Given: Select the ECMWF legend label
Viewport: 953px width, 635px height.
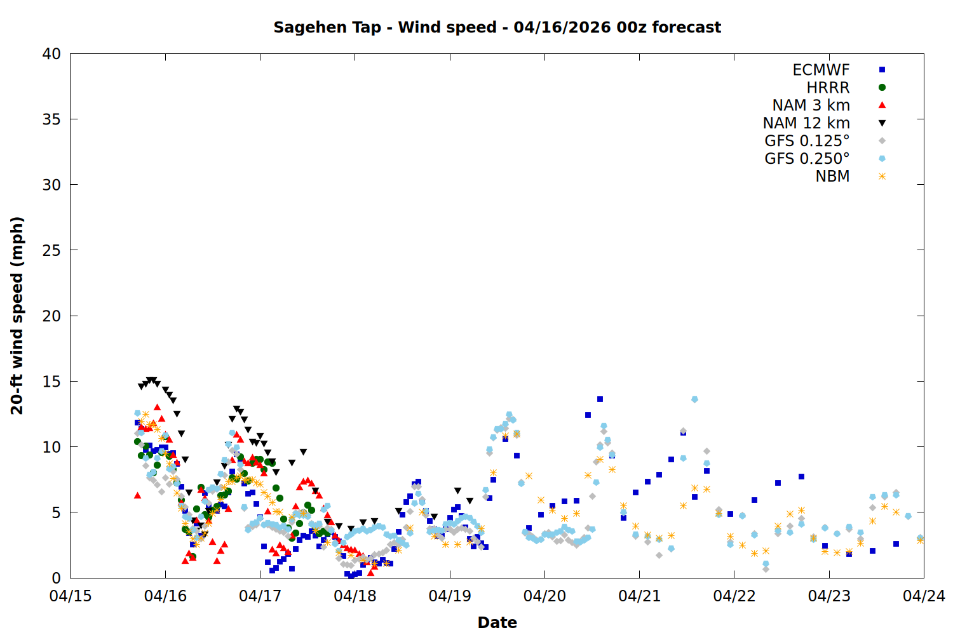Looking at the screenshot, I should (821, 70).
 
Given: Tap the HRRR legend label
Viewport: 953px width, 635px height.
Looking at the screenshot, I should (828, 88).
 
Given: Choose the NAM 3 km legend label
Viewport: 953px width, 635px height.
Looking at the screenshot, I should (811, 105).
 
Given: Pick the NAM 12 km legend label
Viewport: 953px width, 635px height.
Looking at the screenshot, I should (806, 123).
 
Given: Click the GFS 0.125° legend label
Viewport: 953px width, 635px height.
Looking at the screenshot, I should (807, 141).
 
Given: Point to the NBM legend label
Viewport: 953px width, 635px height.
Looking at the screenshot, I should (832, 177).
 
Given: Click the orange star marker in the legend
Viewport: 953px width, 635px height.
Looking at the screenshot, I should (882, 177).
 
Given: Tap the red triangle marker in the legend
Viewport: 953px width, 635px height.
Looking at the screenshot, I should (882, 105).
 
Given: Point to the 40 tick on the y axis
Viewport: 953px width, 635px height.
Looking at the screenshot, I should (51, 54).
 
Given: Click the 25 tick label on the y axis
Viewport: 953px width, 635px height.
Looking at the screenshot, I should (51, 250).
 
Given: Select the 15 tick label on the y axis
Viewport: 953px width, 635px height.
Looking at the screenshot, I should (51, 382).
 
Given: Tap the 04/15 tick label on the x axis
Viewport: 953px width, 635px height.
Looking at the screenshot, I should (71, 596).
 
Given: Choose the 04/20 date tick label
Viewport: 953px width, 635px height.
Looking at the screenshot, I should (544, 596).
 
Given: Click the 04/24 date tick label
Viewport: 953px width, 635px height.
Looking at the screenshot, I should (924, 596).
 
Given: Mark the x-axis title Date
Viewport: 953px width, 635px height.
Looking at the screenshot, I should (497, 622).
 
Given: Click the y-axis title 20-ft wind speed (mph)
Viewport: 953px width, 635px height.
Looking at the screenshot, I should (17, 316).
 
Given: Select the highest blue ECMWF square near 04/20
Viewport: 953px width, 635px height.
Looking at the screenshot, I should (600, 399).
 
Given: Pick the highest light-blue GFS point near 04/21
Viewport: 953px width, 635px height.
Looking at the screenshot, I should (694, 399).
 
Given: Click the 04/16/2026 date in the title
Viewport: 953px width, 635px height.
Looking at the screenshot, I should (558, 27).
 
